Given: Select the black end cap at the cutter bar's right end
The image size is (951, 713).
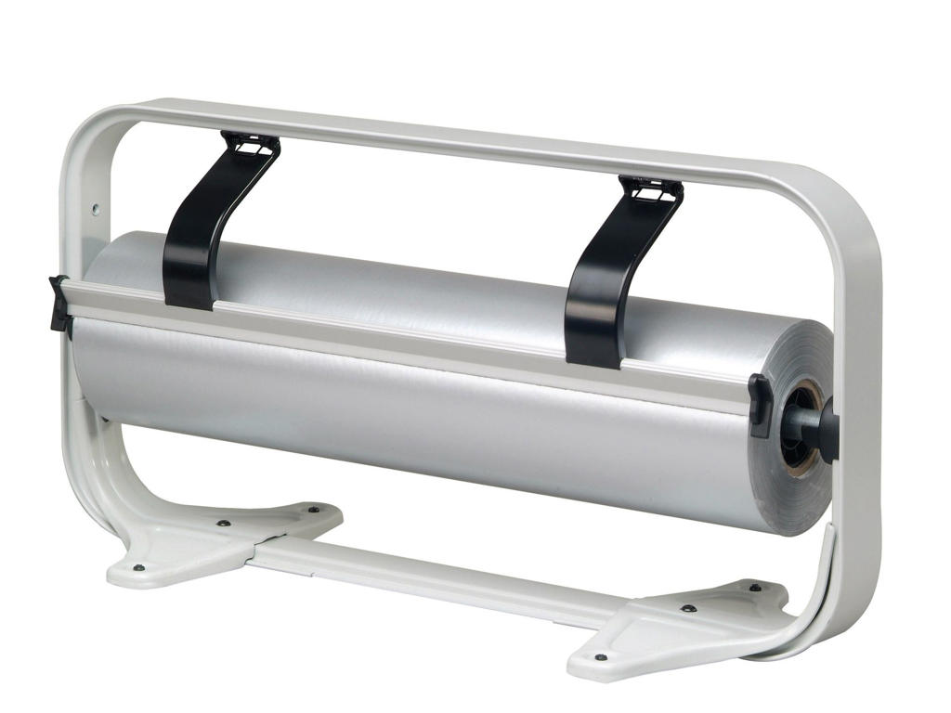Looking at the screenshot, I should click(x=760, y=405).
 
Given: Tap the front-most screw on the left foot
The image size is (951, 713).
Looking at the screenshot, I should click(x=138, y=567).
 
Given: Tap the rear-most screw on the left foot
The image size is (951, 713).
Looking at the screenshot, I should click(x=313, y=509).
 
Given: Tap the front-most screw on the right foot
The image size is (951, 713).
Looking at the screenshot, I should click(x=601, y=657).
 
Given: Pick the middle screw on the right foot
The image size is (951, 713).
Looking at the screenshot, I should click(x=687, y=609).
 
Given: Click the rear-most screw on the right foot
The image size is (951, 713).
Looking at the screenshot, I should click(x=754, y=587).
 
